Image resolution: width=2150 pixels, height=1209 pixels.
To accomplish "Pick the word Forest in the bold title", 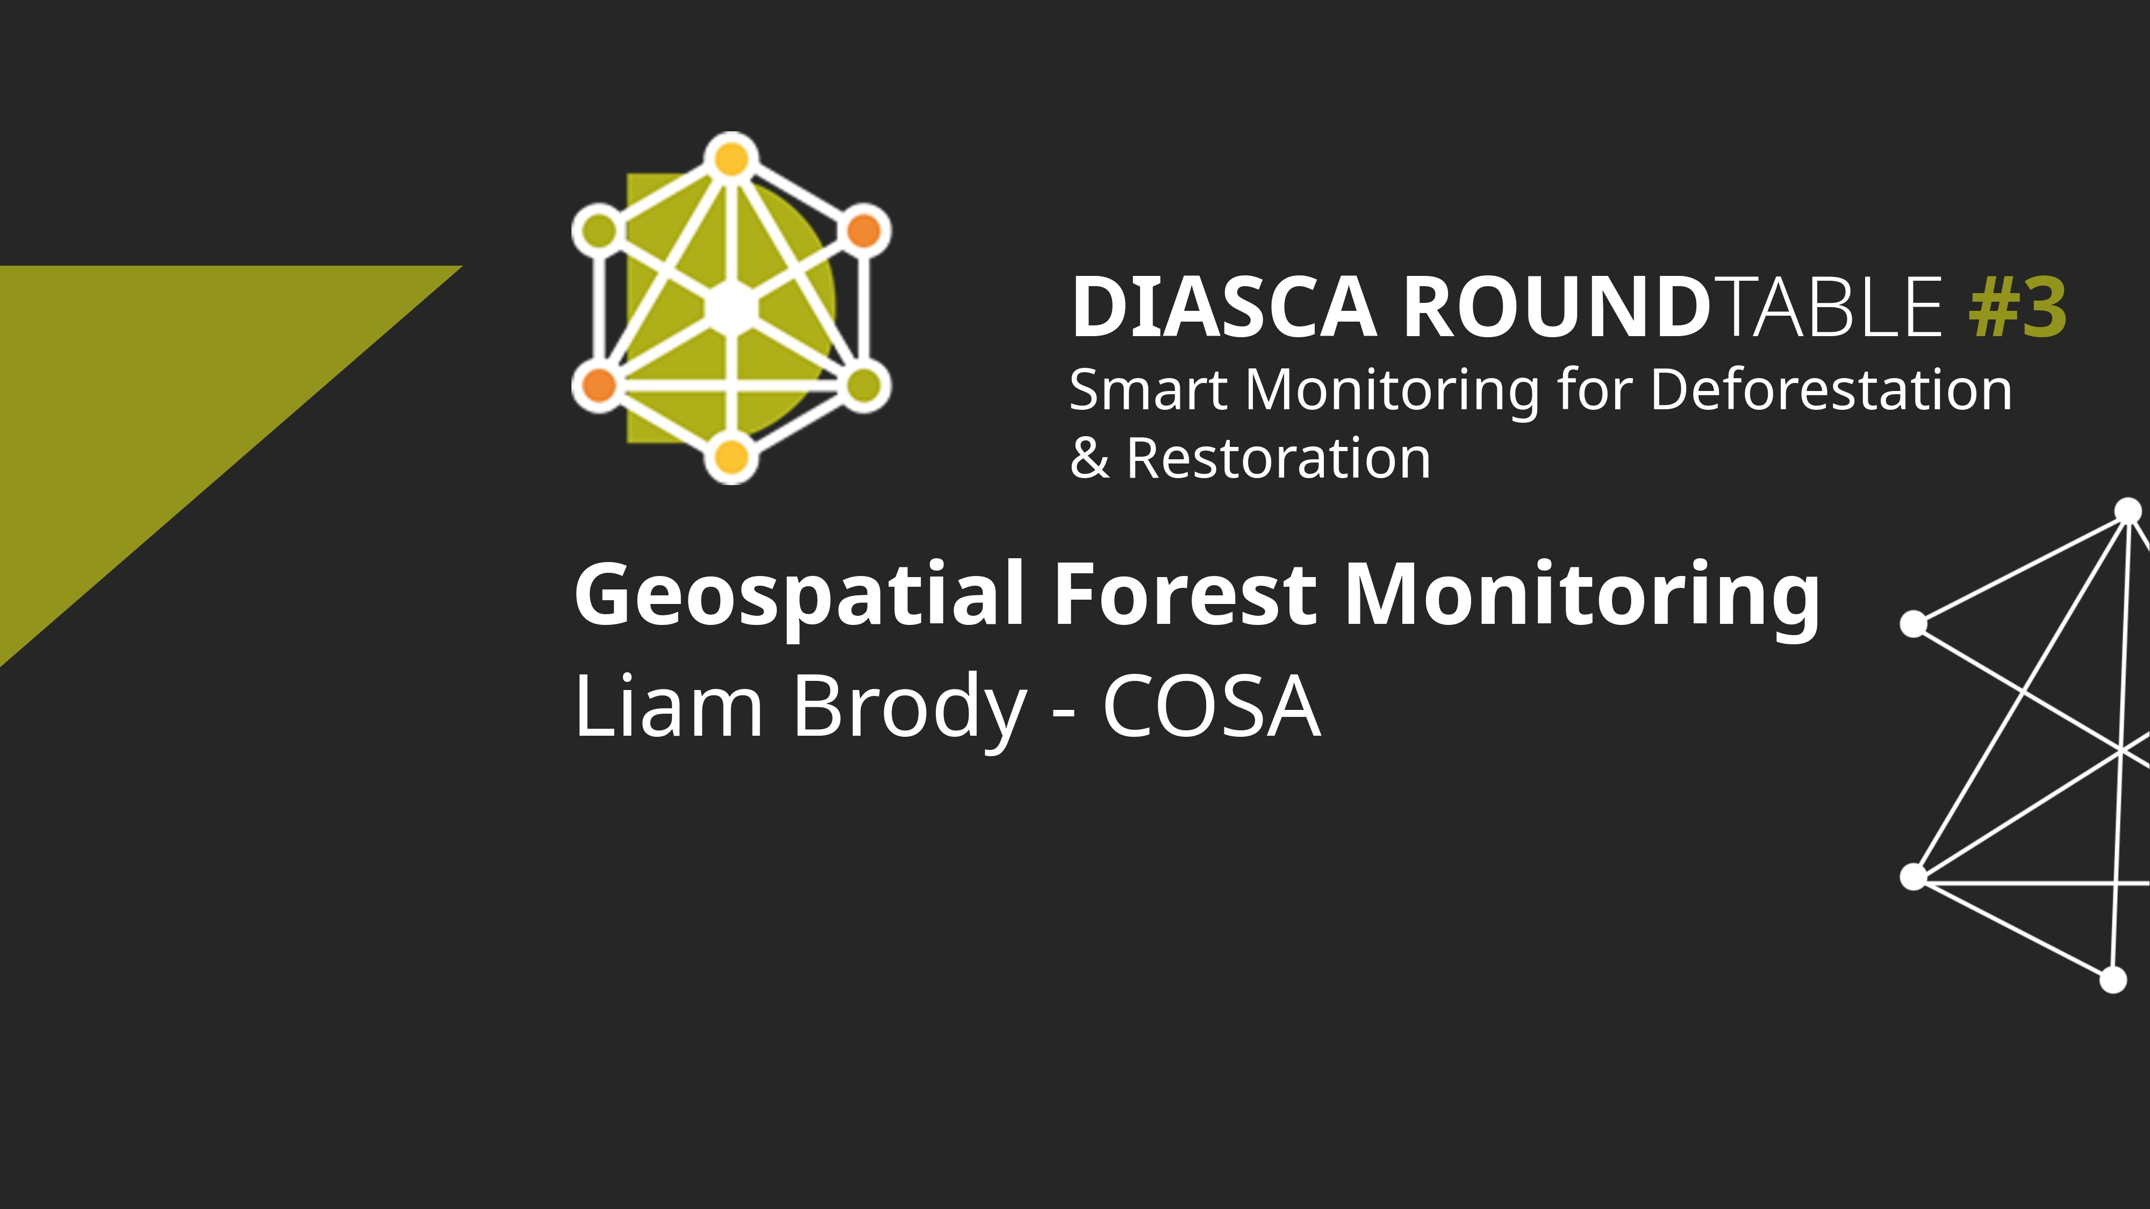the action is coord(1185,594).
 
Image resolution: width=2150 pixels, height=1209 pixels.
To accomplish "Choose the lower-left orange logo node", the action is coord(598,385).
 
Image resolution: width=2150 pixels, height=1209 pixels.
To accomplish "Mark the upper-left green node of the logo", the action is coord(598,230).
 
